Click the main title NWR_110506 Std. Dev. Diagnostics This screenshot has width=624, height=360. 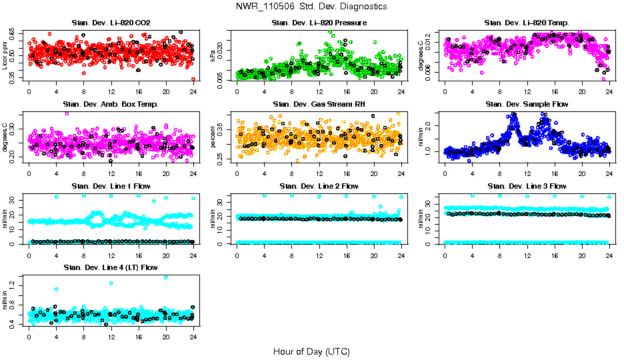pyautogui.click(x=311, y=7)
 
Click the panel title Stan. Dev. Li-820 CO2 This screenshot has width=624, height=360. pyautogui.click(x=111, y=23)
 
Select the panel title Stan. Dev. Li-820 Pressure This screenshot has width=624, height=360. pyautogui.click(x=319, y=23)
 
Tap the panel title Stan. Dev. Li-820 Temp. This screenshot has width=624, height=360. pyautogui.click(x=527, y=23)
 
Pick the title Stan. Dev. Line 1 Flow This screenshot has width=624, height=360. pyautogui.click(x=111, y=186)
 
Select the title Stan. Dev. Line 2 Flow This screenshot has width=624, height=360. pyautogui.click(x=319, y=186)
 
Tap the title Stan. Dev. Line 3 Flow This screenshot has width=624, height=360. pyautogui.click(x=527, y=186)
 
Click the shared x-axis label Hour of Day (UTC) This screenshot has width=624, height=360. pyautogui.click(x=311, y=351)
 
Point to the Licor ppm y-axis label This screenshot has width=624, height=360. pyautogui.click(x=5, y=55)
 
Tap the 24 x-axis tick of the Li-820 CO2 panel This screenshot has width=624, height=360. pyautogui.click(x=193, y=92)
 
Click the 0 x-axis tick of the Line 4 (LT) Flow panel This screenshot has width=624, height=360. pyautogui.click(x=29, y=337)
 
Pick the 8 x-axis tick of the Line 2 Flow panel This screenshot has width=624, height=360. pyautogui.click(x=292, y=255)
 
